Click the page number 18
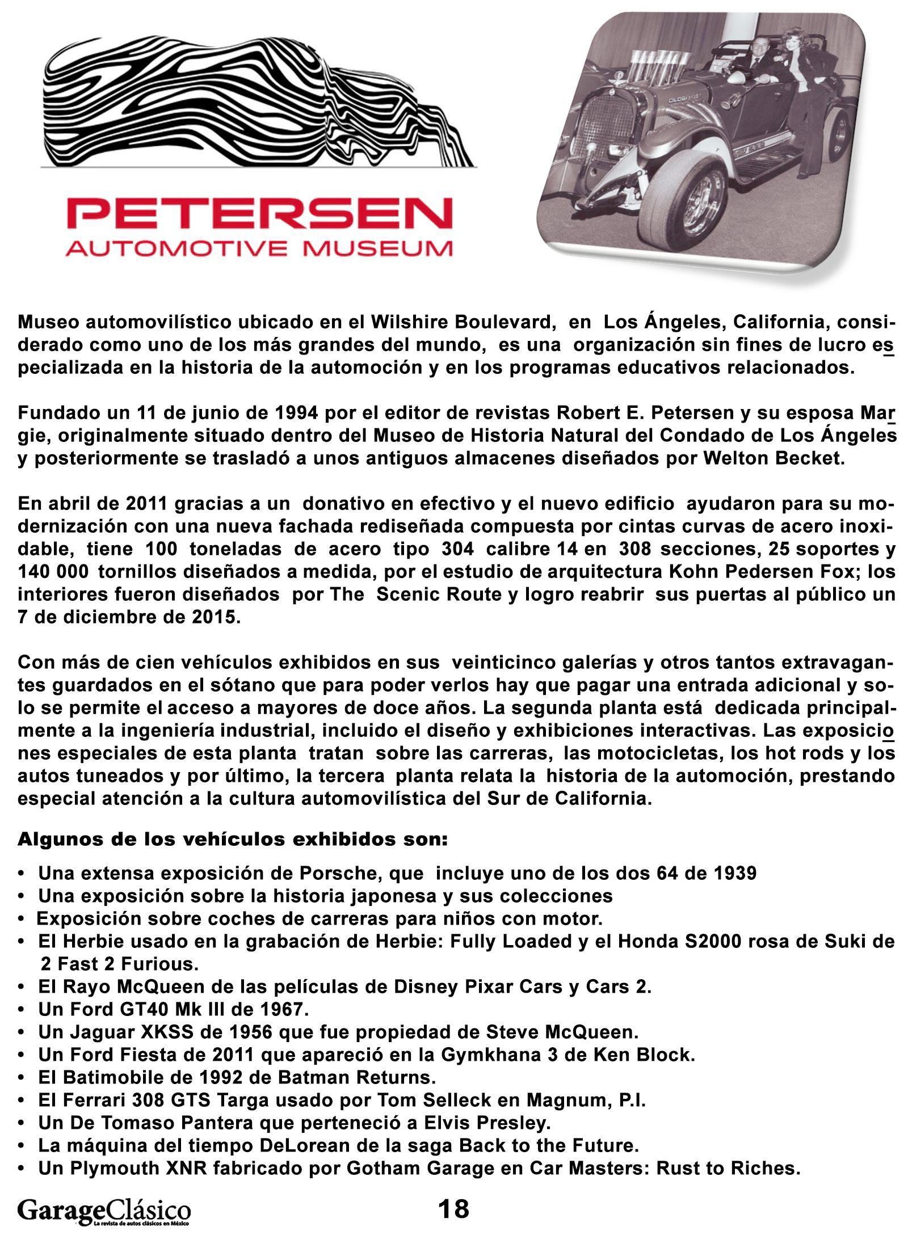tap(453, 1208)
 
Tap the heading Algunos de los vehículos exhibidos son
tap(233, 839)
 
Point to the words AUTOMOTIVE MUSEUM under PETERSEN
tap(259, 248)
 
